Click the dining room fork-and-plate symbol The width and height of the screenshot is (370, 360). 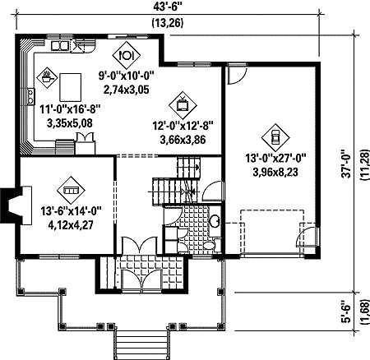(x=126, y=55)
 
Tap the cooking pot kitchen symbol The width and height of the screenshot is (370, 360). (x=47, y=77)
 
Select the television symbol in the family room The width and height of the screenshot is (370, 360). (x=183, y=105)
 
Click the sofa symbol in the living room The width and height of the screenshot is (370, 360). (x=71, y=190)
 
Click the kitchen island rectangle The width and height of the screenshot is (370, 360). (x=71, y=87)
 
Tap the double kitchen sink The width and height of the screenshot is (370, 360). (x=59, y=45)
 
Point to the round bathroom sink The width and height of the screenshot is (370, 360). (x=215, y=221)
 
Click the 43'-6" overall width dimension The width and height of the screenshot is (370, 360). (x=168, y=7)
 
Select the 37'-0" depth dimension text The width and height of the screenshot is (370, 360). (x=347, y=164)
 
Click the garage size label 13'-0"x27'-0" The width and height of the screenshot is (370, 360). (x=275, y=159)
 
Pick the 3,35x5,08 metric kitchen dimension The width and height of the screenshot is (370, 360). (x=70, y=123)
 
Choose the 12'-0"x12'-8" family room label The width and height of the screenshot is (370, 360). (x=183, y=126)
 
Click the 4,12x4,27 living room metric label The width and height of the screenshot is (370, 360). (x=71, y=225)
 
